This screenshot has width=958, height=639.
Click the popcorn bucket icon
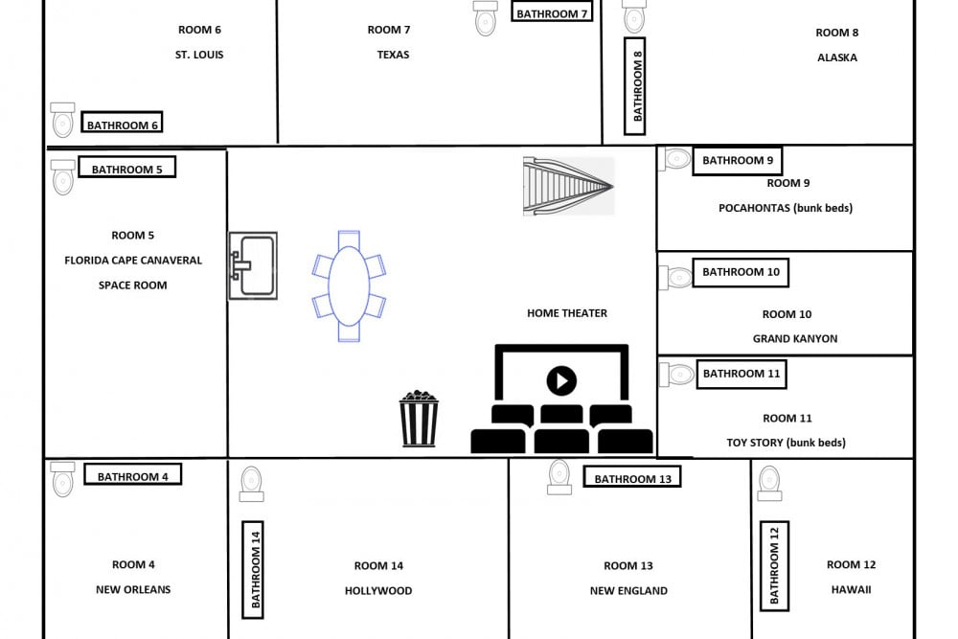(x=419, y=419)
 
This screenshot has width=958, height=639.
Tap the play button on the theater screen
(x=561, y=381)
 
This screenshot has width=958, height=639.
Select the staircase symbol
(x=568, y=186)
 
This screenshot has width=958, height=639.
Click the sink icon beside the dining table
(x=253, y=265)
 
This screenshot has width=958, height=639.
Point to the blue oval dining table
(x=349, y=285)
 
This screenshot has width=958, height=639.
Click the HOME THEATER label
(x=567, y=313)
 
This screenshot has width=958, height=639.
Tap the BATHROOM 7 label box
(x=551, y=13)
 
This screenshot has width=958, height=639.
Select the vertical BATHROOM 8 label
(x=635, y=85)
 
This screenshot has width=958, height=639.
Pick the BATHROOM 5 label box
(x=127, y=169)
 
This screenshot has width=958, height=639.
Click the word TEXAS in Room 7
(x=393, y=55)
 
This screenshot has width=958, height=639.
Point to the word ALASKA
(x=837, y=57)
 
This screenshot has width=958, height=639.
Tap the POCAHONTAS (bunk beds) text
(x=786, y=208)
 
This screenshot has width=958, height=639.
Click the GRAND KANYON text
(x=795, y=338)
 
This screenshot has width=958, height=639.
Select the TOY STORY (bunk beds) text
(x=786, y=443)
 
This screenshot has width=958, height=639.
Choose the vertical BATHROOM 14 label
(x=254, y=570)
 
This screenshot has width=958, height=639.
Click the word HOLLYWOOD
(x=378, y=591)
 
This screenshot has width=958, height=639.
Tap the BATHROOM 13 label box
(x=631, y=478)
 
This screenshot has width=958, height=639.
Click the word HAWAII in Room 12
(x=852, y=590)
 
